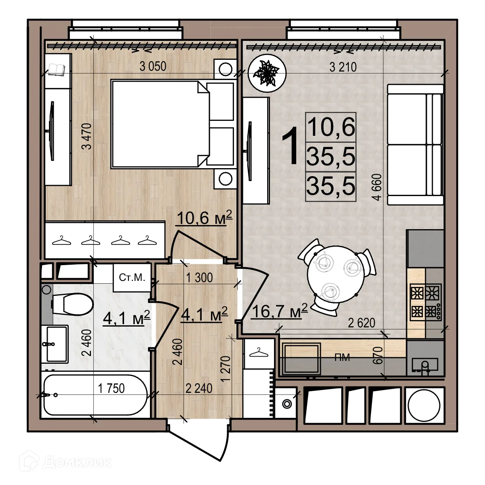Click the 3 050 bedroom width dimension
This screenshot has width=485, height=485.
pyautogui.click(x=153, y=67)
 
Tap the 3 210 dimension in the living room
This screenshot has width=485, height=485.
pyautogui.click(x=343, y=67)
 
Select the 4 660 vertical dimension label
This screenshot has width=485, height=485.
pyautogui.click(x=377, y=187)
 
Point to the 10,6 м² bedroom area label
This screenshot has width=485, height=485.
pyautogui.click(x=205, y=218)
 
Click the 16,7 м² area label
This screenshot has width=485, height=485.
pyautogui.click(x=280, y=311)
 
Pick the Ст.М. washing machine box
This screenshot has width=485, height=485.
pyautogui.click(x=132, y=278)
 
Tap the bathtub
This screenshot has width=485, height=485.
pyautogui.click(x=95, y=395)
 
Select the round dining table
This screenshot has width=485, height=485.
pyautogui.click(x=336, y=275)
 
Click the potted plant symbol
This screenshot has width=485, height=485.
pyautogui.click(x=267, y=73)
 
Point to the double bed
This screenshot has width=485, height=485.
pyautogui.click(x=173, y=124)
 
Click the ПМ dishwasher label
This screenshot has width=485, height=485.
pyautogui.click(x=342, y=357)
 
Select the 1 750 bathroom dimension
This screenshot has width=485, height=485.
pyautogui.click(x=111, y=388)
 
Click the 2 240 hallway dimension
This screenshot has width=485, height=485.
pyautogui.click(x=199, y=388)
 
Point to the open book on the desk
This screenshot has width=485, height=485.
pyautogui.click(x=56, y=69)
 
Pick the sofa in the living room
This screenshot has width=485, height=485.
pyautogui.click(x=415, y=145)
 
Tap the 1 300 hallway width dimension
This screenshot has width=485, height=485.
pyautogui.click(x=199, y=278)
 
